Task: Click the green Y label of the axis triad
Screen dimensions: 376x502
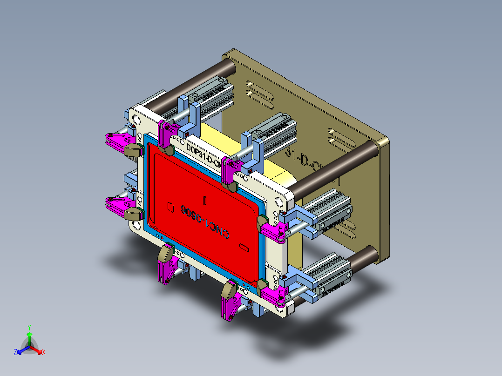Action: pyautogui.click(x=29, y=327)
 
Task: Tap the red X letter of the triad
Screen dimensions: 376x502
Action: pyautogui.click(x=44, y=353)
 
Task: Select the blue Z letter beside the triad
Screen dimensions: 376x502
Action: pyautogui.click(x=15, y=353)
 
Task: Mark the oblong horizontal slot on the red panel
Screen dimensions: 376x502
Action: pyautogui.click(x=244, y=246)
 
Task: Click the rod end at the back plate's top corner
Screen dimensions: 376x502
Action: pyautogui.click(x=229, y=65)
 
